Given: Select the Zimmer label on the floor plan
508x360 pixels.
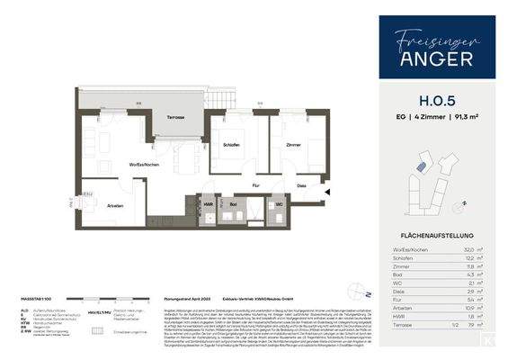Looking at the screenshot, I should coord(292,144).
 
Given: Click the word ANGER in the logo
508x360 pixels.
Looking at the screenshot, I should coord(436,58).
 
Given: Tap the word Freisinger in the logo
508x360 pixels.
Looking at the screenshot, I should coord(436,37).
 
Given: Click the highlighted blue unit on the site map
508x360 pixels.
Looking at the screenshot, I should coord(419,167).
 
